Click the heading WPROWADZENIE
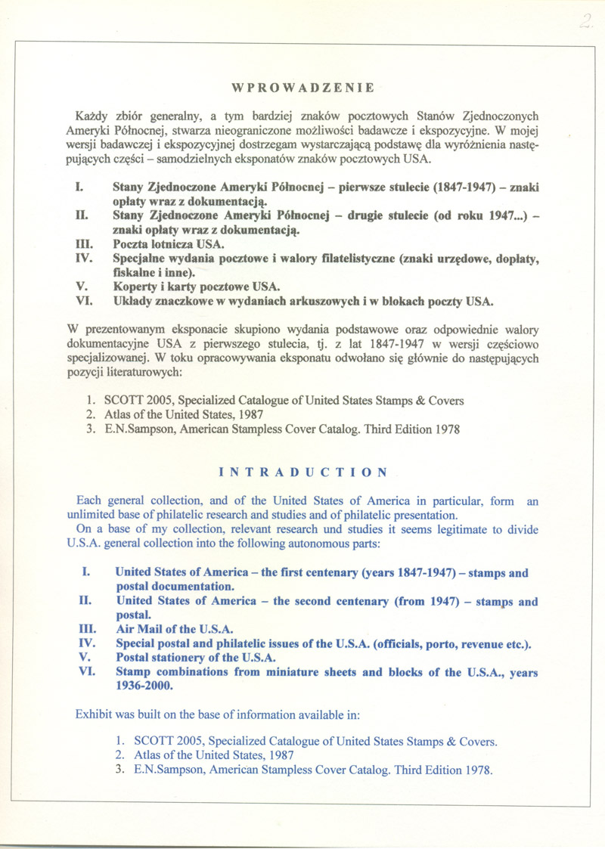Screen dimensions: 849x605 point(302,88)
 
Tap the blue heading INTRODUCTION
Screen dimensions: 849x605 point(302,473)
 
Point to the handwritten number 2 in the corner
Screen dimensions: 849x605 point(585,22)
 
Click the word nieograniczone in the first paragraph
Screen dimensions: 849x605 point(247,131)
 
